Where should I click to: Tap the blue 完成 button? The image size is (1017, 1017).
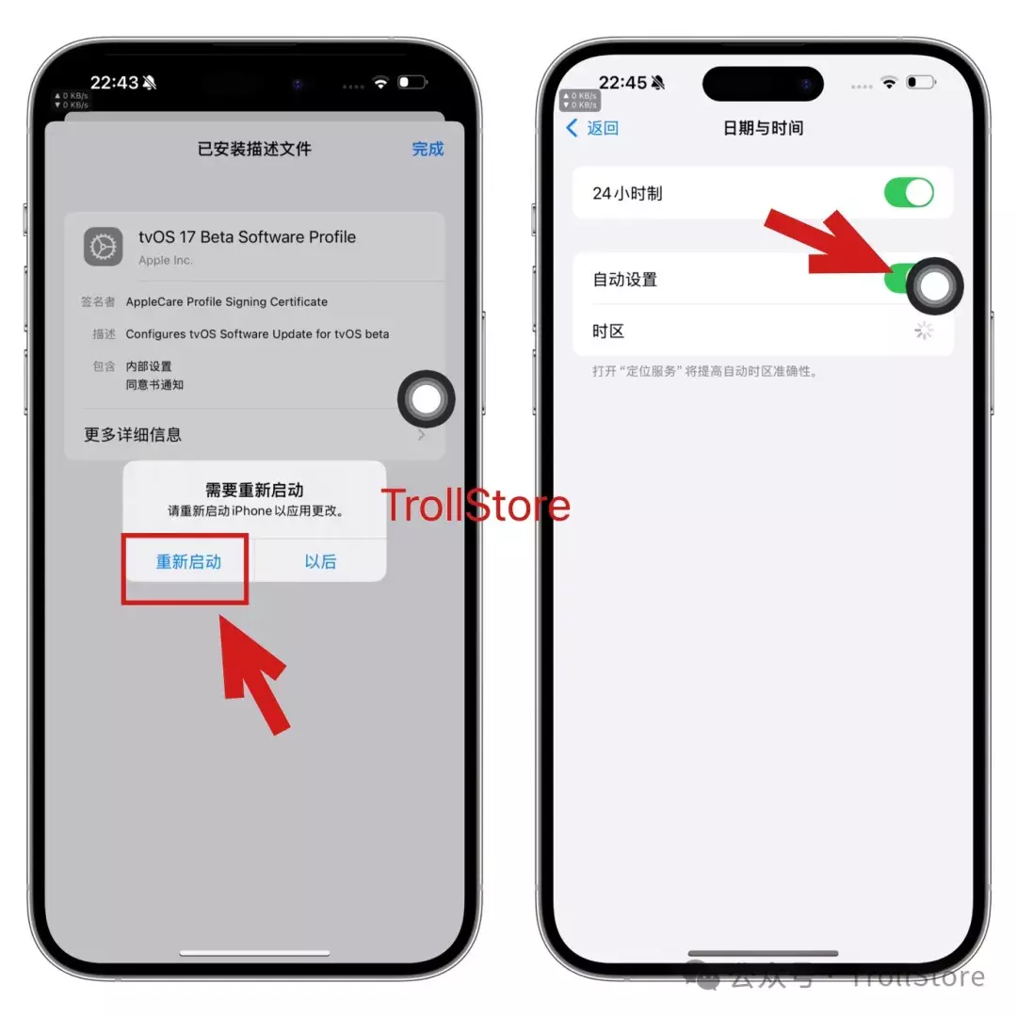click(x=428, y=149)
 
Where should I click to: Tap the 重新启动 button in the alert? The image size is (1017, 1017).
click(x=188, y=561)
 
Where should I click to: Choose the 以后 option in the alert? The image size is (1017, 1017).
click(x=320, y=561)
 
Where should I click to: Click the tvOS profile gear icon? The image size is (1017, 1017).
click(x=104, y=247)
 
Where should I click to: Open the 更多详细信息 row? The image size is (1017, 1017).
click(x=133, y=434)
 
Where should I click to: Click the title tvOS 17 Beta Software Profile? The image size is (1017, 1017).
click(x=247, y=236)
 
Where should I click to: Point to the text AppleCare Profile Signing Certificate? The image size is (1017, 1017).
click(x=226, y=301)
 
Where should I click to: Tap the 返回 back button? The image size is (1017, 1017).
click(x=593, y=128)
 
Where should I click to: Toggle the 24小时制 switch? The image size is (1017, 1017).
click(x=909, y=193)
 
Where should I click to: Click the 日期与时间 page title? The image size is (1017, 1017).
click(x=764, y=128)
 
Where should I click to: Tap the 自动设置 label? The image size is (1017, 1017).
click(x=624, y=280)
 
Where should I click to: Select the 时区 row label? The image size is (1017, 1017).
click(x=608, y=331)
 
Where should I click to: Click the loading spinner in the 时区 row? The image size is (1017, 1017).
click(x=924, y=331)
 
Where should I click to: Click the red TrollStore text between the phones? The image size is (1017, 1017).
click(x=476, y=506)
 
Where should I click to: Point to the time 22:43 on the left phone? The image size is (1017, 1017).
click(x=114, y=82)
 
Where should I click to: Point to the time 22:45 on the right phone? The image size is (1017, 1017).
click(x=622, y=82)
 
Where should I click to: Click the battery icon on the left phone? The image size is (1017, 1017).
click(x=412, y=82)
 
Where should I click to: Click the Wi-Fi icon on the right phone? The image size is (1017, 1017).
click(x=889, y=82)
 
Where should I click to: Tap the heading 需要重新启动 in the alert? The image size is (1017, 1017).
click(x=254, y=490)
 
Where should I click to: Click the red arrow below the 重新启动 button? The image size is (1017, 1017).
click(x=253, y=674)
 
